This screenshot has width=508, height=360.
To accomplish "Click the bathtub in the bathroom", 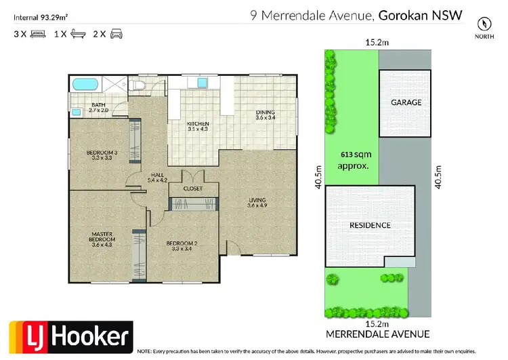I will click(85, 85).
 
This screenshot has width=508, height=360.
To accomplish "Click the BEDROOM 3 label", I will click(102, 155).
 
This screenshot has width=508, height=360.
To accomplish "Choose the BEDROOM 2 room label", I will click(180, 247).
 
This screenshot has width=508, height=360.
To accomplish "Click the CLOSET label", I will click(192, 188).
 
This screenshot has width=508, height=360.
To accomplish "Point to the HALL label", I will click(157, 178).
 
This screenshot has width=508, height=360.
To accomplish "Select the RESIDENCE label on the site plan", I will click(369, 225).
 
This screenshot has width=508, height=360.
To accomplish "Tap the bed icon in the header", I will click(37, 33).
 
